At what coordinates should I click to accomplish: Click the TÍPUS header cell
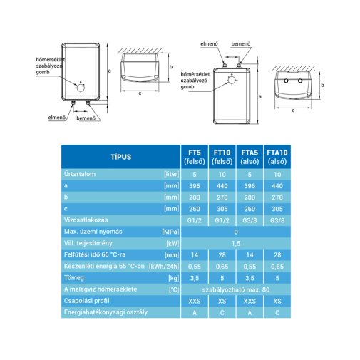[120, 157]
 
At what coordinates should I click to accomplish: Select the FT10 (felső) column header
[222, 157]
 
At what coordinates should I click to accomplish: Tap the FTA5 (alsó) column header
[250, 157]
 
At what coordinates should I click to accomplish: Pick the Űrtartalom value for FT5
[195, 175]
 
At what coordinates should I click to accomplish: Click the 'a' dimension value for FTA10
[277, 186]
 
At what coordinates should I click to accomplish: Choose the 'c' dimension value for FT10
[222, 209]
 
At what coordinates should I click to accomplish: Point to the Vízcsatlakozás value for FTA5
[250, 220]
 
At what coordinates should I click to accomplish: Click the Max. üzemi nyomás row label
[93, 232]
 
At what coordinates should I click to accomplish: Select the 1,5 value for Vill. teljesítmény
[236, 244]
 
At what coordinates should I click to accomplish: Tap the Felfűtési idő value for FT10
[222, 255]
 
